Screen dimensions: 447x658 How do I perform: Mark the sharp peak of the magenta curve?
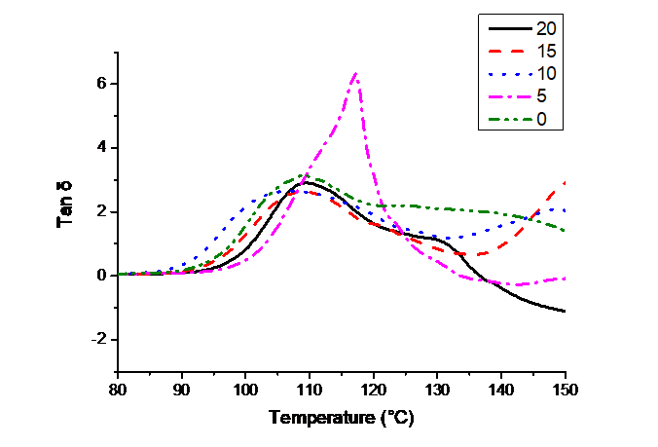[x=355, y=73]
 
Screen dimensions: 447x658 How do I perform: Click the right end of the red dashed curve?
[x=567, y=181]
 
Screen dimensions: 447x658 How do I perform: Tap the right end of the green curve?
[x=567, y=231]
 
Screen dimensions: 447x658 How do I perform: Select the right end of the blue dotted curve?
[x=567, y=210]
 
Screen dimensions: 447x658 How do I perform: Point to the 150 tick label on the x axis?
[x=567, y=391]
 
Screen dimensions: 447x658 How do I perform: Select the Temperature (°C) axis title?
[x=341, y=418]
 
